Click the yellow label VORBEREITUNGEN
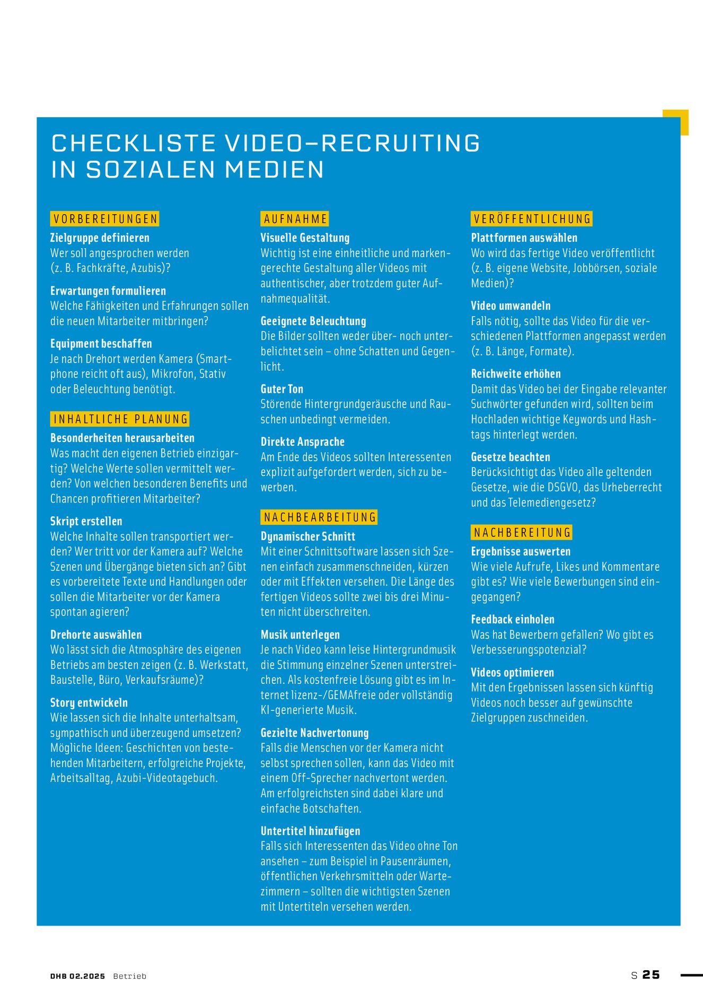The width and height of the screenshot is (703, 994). pos(105,219)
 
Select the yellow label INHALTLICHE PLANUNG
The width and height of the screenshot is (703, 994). pos(120,419)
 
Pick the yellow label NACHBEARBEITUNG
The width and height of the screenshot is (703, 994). pos(319,517)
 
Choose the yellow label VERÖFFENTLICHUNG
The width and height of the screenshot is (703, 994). pos(532,219)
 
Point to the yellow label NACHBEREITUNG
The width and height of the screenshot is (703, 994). pos(522,532)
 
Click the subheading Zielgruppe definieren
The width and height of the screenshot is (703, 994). pos(100,238)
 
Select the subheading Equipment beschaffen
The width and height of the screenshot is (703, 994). pos(101,344)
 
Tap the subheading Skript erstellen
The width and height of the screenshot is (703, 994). pos(86,521)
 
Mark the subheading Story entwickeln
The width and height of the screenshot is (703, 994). pos(89,702)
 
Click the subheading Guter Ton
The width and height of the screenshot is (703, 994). pos(282,389)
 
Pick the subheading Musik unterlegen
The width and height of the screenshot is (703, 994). pos(300,635)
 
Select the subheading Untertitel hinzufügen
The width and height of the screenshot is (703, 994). pos(310,831)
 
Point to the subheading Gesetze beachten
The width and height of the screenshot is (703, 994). pos(510,457)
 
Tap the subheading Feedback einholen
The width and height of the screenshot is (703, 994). pos(512,619)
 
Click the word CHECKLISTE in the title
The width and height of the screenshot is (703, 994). pos(133,143)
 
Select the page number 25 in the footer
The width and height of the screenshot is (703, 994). pos(651,975)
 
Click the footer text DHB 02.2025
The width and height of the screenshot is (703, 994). pos(77,976)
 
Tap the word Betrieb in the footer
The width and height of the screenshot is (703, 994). pos(129,976)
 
